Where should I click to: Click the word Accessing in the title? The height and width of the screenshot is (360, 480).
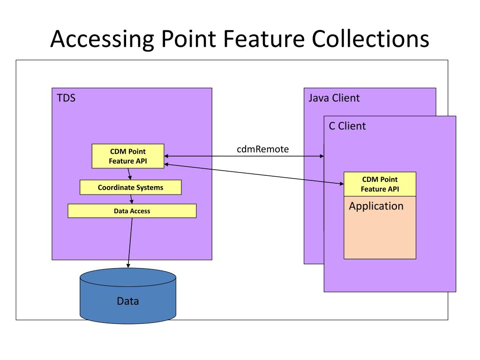[x=102, y=39]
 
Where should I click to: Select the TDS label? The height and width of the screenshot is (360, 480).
[x=66, y=98]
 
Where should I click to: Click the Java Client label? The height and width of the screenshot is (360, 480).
[x=334, y=98]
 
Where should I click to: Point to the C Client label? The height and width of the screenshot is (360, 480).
[x=347, y=126]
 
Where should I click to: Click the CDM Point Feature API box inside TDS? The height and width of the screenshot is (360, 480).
[x=128, y=156]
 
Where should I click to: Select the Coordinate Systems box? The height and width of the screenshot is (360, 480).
[x=130, y=187]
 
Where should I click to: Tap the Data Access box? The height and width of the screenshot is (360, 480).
[x=132, y=211]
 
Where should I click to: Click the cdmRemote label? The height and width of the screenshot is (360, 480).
[x=262, y=149]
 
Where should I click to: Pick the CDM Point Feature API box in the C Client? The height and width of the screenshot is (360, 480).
[x=380, y=184]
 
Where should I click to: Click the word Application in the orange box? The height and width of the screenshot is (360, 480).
[x=376, y=206]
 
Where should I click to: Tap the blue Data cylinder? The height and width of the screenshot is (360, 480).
[x=128, y=296]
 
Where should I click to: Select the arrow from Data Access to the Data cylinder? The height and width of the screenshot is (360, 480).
[x=130, y=243]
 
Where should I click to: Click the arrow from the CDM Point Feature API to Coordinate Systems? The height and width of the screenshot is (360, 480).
[x=129, y=174]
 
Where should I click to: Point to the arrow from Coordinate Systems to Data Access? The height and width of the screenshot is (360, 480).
[x=132, y=199]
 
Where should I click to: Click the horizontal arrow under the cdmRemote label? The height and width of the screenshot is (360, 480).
[x=244, y=156]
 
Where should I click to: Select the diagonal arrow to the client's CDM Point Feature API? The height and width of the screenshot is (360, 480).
[x=254, y=174]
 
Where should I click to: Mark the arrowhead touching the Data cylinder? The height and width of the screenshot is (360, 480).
[x=128, y=265]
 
